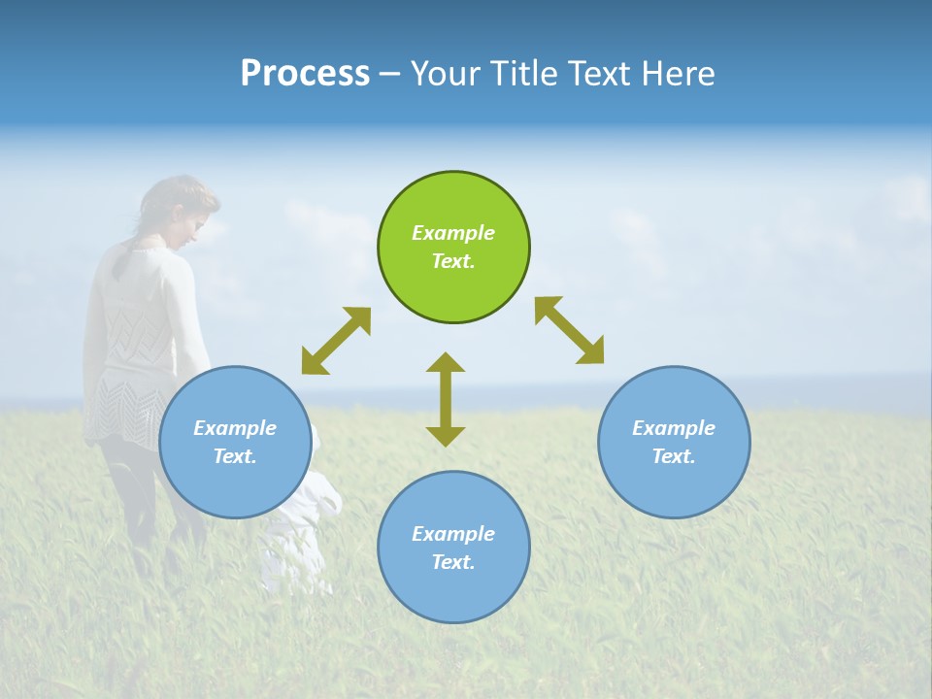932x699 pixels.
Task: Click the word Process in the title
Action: [x=305, y=74]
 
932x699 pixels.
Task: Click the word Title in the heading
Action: [x=522, y=74]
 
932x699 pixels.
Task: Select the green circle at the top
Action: [x=453, y=248]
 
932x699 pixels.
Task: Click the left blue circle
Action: [x=235, y=443]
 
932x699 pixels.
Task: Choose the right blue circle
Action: [x=674, y=443]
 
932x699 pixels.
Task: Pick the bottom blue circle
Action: [x=453, y=548]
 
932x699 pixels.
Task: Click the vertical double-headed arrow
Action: [x=446, y=399]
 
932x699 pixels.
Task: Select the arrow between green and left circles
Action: [x=336, y=340]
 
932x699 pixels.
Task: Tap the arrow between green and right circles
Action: [x=570, y=330]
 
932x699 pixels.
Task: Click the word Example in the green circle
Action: [x=453, y=233]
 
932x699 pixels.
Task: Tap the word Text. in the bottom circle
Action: [x=453, y=562]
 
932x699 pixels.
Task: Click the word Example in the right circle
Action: [x=674, y=428]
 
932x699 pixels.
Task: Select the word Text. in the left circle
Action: [x=235, y=456]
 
